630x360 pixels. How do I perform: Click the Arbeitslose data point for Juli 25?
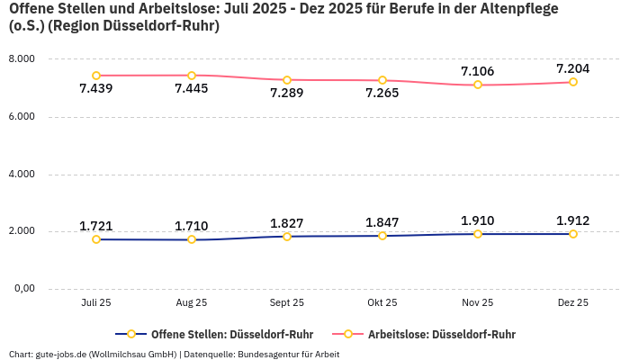pyautogui.click(x=96, y=76)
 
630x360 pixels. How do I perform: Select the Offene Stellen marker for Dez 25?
pyautogui.click(x=572, y=234)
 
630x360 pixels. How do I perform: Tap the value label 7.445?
pyautogui.click(x=192, y=88)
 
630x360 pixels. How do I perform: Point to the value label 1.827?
pyautogui.click(x=287, y=223)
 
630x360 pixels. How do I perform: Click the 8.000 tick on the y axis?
pyautogui.click(x=21, y=59)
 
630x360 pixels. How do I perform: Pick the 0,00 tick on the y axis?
pyautogui.click(x=22, y=289)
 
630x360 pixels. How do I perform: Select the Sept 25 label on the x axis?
pyautogui.click(x=287, y=303)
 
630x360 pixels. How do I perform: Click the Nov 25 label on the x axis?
pyautogui.click(x=477, y=303)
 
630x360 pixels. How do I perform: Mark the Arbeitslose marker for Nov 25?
pyautogui.click(x=478, y=85)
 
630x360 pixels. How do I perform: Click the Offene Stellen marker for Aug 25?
pyautogui.click(x=192, y=239)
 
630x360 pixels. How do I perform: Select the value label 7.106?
pyautogui.click(x=477, y=71)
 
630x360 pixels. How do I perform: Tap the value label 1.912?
pyautogui.click(x=572, y=220)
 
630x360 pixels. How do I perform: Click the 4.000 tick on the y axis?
pyautogui.click(x=21, y=174)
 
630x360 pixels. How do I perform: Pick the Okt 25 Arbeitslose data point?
pyautogui.click(x=382, y=81)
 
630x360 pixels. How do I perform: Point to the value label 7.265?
pyautogui.click(x=382, y=94)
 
